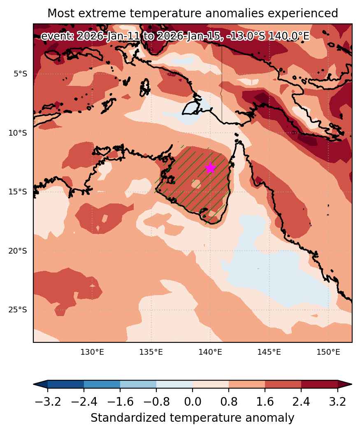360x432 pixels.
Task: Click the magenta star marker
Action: (x=211, y=168)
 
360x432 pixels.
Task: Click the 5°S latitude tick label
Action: (x=21, y=74)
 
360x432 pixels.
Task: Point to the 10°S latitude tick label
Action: (x=18, y=133)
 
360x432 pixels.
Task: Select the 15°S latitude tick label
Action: (x=18, y=192)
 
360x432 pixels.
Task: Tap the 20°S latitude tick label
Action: (x=18, y=251)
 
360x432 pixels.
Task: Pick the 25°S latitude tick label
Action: (x=18, y=310)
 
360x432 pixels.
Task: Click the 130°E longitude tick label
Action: (x=92, y=352)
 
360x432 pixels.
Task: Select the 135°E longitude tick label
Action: (x=151, y=352)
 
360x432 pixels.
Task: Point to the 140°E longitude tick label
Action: (x=210, y=352)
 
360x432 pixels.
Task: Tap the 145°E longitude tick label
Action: (x=269, y=352)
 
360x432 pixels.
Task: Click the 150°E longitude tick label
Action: (x=328, y=352)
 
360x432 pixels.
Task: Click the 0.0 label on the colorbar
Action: (x=193, y=402)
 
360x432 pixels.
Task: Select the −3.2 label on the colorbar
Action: (x=48, y=402)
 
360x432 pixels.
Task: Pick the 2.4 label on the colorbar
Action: (x=301, y=402)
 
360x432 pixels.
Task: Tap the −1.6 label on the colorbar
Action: (x=120, y=402)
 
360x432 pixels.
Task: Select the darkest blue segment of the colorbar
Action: (x=65, y=384)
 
